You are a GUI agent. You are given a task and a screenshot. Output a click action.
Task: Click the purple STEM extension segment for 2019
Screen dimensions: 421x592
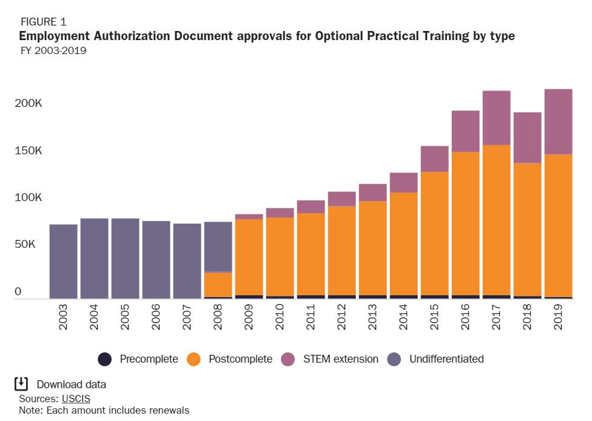558,122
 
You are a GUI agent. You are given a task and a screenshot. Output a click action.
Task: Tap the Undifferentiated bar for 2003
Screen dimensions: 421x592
63,261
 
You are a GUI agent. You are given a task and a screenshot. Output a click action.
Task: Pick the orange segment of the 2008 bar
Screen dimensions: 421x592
218,284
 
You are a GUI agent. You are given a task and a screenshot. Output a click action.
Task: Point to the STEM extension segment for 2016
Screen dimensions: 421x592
465,131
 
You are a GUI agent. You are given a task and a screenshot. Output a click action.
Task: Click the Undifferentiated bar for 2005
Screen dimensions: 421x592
125,258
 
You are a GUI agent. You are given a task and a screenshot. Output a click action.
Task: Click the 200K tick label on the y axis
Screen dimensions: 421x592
28,103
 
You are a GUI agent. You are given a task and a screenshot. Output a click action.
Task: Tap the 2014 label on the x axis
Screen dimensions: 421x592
403,317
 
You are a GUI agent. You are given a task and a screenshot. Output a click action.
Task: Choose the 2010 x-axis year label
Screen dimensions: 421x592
280,317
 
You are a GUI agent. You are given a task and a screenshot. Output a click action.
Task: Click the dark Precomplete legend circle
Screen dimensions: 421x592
105,359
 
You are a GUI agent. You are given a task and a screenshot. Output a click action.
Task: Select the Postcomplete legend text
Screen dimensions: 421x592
240,359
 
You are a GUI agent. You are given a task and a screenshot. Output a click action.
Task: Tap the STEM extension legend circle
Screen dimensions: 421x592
291,359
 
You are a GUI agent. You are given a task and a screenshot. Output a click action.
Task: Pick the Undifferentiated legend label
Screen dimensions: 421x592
446,359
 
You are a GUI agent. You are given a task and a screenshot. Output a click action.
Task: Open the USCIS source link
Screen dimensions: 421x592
76,399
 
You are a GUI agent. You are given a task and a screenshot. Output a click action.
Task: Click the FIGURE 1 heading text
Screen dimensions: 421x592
43,22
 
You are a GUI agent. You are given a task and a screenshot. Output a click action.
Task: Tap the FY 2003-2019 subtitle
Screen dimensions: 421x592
53,50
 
